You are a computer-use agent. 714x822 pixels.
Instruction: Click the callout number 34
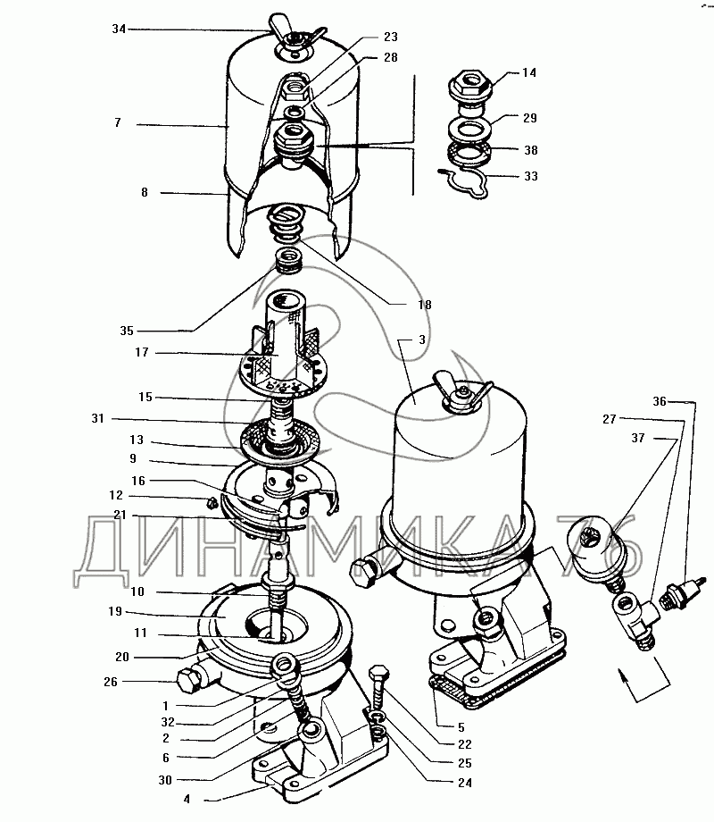[x=119, y=29]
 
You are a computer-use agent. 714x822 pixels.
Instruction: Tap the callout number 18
[x=425, y=305]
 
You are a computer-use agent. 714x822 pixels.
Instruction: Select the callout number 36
[x=660, y=401]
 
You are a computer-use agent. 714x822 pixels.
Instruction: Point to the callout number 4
[x=187, y=799]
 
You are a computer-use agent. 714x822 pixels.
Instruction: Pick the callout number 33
[x=531, y=176]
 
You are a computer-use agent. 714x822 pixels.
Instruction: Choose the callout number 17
[x=142, y=352]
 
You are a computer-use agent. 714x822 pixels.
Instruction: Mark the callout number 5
[x=461, y=727]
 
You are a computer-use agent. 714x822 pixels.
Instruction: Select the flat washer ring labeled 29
[x=469, y=128]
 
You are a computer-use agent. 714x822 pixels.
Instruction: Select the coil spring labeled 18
[x=286, y=223]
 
